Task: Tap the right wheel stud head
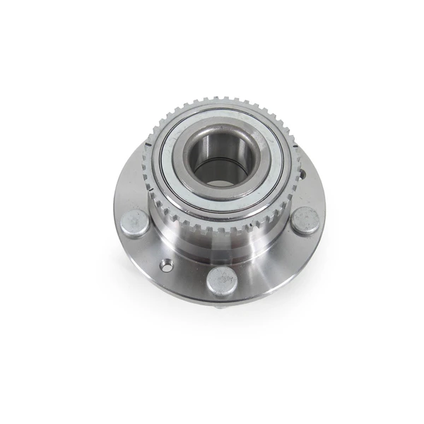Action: pyautogui.click(x=305, y=220)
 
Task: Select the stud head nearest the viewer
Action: pyautogui.click(x=221, y=282)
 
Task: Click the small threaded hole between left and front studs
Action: pyautogui.click(x=166, y=266)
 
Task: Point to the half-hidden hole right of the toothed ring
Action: pyautogui.click(x=300, y=174)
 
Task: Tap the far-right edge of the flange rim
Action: pyautogui.click(x=324, y=205)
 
